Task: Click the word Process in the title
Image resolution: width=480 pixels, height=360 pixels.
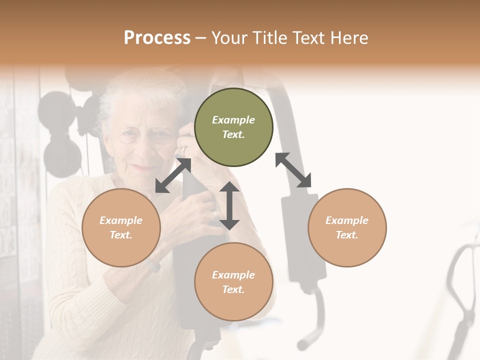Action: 157,37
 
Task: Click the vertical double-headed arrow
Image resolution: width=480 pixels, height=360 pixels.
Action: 229,205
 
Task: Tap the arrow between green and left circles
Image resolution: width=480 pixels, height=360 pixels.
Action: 173,175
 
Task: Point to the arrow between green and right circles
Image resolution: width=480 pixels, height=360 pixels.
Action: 293,170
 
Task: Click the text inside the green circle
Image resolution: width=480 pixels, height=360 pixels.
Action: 233,127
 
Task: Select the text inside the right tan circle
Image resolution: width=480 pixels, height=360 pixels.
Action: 347,227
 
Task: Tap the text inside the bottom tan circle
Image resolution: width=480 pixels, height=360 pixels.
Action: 233,282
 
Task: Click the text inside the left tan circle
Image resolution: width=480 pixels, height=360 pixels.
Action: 121,227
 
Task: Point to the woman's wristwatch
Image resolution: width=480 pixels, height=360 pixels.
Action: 153,265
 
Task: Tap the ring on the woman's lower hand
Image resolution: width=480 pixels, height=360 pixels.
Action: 214,215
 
